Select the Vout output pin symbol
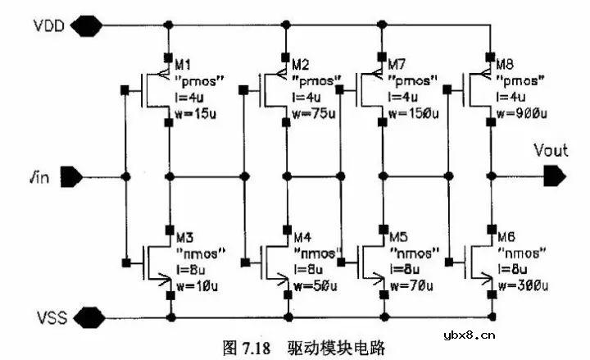pyautogui.click(x=554, y=175)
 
